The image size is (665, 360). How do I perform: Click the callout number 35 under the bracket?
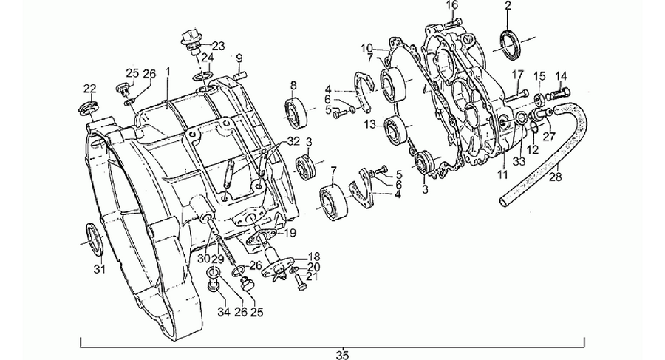pyautogui.click(x=342, y=355)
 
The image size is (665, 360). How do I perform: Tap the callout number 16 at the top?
pyautogui.click(x=452, y=5)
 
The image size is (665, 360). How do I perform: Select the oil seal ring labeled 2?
pyautogui.click(x=508, y=44)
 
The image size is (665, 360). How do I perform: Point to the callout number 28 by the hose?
pyautogui.click(x=556, y=176)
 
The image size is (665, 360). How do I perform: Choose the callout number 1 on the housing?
pyautogui.click(x=168, y=71)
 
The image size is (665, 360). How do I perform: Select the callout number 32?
pyautogui.click(x=293, y=140)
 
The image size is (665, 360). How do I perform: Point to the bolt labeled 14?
pyautogui.click(x=560, y=92)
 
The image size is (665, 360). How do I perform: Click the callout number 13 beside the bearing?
pyautogui.click(x=369, y=124)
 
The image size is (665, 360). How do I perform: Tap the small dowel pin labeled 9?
pyautogui.click(x=239, y=75)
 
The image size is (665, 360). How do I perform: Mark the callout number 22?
pyautogui.click(x=89, y=89)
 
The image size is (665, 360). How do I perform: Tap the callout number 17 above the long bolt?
pyautogui.click(x=518, y=75)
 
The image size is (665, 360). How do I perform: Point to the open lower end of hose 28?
pyautogui.click(x=504, y=201)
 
